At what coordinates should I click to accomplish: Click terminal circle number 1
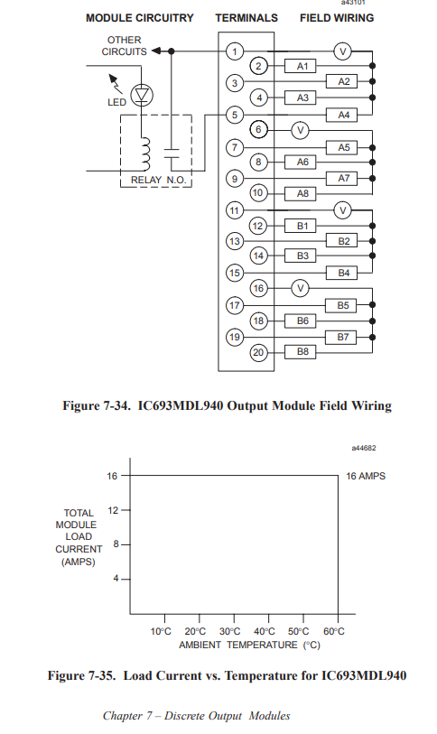(x=235, y=51)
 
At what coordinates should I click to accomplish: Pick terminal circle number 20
(x=258, y=352)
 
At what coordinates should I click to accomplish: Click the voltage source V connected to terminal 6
(x=301, y=130)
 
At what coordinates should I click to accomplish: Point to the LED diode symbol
(x=142, y=95)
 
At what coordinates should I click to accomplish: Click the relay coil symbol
(x=145, y=154)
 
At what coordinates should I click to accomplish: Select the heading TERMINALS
(x=246, y=18)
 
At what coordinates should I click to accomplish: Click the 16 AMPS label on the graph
(x=366, y=476)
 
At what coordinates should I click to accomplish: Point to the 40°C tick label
(x=265, y=631)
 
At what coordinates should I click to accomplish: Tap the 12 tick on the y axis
(x=113, y=510)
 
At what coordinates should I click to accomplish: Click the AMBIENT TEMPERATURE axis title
(x=249, y=645)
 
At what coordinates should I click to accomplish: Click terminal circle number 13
(x=235, y=241)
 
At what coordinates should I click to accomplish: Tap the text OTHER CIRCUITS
(x=124, y=46)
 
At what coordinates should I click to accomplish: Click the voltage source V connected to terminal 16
(x=301, y=288)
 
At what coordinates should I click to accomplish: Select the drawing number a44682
(x=364, y=448)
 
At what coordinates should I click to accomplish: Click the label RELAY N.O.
(x=158, y=180)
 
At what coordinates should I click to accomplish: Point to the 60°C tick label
(x=334, y=631)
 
